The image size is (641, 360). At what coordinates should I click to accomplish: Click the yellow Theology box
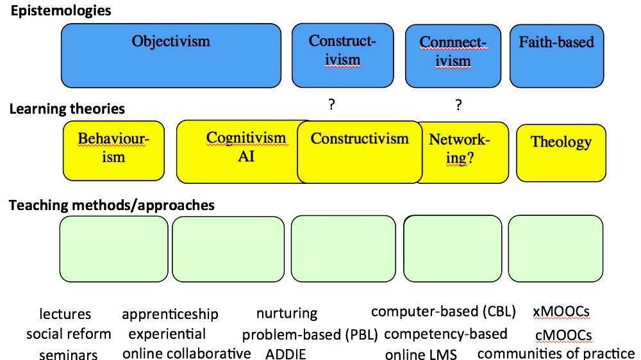[560, 151]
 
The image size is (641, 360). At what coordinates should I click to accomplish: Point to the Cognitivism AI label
[246, 147]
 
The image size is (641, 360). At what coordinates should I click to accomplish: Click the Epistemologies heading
[60, 11]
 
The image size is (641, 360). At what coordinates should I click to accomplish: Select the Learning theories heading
[67, 109]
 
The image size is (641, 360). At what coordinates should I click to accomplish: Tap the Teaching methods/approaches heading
[112, 205]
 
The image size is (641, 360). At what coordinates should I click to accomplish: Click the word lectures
[65, 314]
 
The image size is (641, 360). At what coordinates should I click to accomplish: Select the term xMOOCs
[561, 312]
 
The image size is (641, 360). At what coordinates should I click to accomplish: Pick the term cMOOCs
[563, 335]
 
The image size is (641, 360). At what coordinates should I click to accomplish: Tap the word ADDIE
[286, 354]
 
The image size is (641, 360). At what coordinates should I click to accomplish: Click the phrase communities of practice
[556, 353]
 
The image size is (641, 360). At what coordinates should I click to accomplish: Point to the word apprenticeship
[170, 314]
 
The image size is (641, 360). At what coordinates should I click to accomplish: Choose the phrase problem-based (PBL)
[310, 334]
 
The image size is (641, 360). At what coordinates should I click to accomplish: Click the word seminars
[69, 354]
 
